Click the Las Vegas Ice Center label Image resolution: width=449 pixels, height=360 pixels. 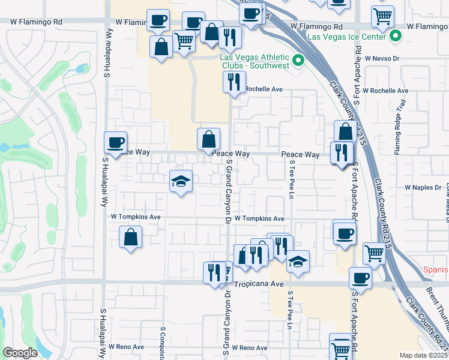point(346,37)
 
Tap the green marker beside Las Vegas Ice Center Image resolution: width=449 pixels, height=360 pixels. point(395,37)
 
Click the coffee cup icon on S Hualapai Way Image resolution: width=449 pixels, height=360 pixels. point(116,143)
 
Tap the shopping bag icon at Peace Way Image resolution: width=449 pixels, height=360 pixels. point(208,139)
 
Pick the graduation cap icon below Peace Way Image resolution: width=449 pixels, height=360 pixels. point(180,182)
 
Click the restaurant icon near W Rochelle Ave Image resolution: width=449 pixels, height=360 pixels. point(234,82)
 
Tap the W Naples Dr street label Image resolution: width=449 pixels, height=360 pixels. point(423,188)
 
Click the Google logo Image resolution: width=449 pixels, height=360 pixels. point(20,353)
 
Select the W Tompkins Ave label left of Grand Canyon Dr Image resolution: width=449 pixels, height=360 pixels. point(136,217)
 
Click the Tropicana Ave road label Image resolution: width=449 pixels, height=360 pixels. point(258,284)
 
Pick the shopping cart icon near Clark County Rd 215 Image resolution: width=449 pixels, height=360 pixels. point(374,253)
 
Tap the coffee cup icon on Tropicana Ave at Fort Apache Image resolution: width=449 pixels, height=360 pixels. point(360,278)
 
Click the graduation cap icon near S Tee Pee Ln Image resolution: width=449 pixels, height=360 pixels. point(298,262)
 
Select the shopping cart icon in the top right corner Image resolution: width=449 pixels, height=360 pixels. point(382,17)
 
